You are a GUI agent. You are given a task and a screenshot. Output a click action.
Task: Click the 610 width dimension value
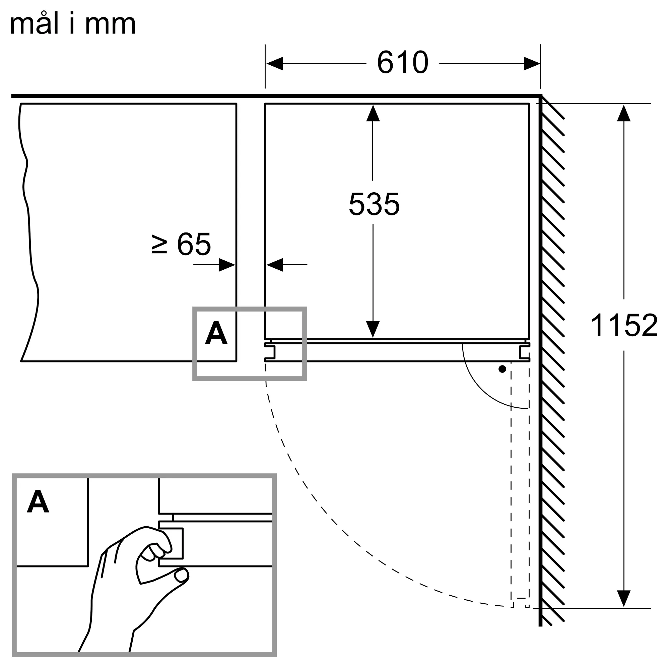click(403, 62)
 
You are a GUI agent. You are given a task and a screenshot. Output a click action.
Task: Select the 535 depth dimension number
click(374, 204)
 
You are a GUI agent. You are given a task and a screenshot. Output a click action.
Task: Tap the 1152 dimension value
click(624, 325)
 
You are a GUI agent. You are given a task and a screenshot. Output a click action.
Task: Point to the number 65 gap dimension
click(194, 244)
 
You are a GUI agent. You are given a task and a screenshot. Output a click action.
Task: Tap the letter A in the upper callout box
click(216, 333)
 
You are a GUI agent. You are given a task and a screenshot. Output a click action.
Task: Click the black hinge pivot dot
click(502, 369)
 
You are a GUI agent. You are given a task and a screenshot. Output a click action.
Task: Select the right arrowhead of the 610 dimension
click(532, 63)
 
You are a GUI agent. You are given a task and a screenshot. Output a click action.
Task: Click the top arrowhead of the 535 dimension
click(373, 113)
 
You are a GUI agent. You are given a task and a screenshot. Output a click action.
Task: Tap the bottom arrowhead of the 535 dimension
click(373, 329)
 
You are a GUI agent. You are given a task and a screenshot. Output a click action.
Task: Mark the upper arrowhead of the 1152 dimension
click(623, 113)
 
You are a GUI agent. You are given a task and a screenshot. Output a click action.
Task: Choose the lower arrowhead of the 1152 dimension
click(623, 599)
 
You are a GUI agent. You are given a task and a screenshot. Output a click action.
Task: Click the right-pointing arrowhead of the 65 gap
click(227, 265)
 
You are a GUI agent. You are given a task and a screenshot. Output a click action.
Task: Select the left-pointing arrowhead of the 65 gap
click(275, 265)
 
